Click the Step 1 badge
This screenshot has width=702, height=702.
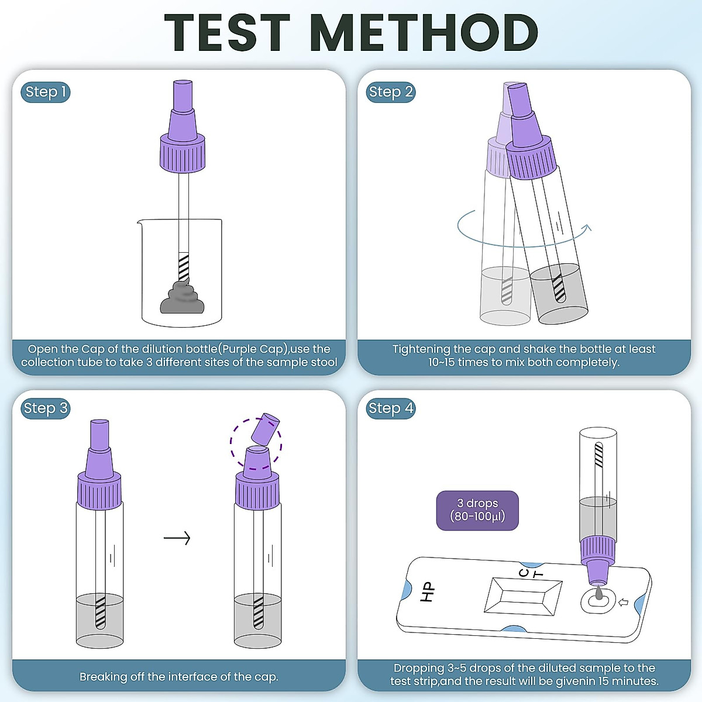tap(46, 92)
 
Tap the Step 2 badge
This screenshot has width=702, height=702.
tap(391, 92)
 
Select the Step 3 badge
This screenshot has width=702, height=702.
tap(46, 408)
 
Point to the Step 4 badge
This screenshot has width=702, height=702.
tap(391, 408)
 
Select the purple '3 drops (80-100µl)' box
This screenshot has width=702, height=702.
tap(477, 510)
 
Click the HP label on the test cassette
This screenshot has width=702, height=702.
tap(428, 592)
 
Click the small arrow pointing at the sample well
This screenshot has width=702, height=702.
tap(623, 602)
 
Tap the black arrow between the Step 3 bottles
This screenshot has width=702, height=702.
tap(177, 538)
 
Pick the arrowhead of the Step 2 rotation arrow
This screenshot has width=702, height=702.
tap(587, 228)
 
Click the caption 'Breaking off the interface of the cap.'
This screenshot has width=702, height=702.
tap(179, 677)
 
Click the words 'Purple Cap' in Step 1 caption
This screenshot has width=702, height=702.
tap(254, 349)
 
